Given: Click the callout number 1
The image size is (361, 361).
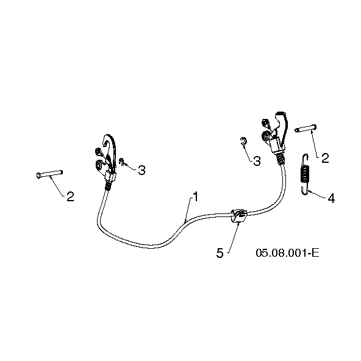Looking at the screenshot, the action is click(x=196, y=197).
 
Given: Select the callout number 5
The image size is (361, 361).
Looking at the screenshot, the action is click(x=220, y=253).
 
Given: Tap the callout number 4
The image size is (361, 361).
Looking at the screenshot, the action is click(x=331, y=198).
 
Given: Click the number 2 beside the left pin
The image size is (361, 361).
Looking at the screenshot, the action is click(x=71, y=196).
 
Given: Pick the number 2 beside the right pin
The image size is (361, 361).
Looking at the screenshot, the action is click(x=325, y=159).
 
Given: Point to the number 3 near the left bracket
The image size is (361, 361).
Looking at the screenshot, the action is click(x=141, y=170).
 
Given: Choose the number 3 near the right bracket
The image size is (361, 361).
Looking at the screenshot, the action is click(x=257, y=161).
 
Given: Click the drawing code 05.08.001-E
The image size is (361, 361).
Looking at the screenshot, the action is click(x=288, y=253).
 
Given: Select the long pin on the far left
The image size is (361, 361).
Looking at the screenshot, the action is click(x=49, y=174).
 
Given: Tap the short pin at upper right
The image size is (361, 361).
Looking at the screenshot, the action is click(x=306, y=129).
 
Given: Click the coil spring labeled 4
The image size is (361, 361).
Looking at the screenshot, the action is click(x=305, y=174).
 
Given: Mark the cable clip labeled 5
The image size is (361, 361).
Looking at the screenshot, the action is click(x=239, y=215).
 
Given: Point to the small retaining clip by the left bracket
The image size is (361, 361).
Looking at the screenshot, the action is click(x=121, y=162).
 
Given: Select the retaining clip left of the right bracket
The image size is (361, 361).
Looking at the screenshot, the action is click(x=243, y=141).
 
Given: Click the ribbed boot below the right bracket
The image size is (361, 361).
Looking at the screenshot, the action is click(x=280, y=159).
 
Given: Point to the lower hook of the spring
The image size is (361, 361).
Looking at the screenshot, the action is click(x=304, y=190).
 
